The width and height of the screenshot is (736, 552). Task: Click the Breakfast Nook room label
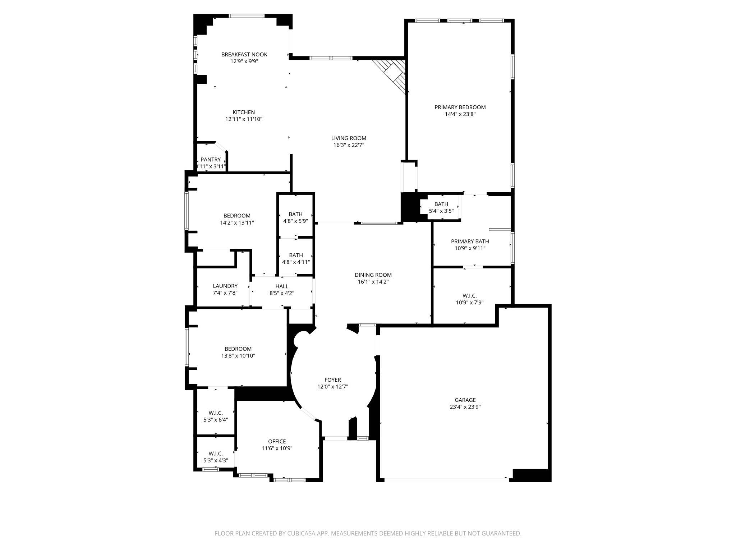tap(244, 55)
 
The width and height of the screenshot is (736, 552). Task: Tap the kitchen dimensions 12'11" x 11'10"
tap(244, 119)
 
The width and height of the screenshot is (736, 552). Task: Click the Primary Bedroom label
tap(460, 107)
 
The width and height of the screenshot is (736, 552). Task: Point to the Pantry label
tap(211, 160)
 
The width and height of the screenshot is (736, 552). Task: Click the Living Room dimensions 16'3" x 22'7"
tap(349, 145)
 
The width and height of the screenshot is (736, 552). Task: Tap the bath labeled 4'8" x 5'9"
tap(295, 217)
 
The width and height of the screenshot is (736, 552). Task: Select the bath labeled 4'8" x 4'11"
tap(296, 258)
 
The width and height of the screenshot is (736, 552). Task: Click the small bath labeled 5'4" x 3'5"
tap(441, 207)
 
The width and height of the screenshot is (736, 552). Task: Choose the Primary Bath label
tap(470, 241)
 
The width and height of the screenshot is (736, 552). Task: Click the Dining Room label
tap(373, 275)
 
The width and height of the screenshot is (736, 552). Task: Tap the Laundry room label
tap(225, 286)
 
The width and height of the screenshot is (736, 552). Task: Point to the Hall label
tap(282, 286)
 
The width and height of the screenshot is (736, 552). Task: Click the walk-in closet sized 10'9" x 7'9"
tap(469, 299)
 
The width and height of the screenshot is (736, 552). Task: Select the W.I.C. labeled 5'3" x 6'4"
tap(216, 416)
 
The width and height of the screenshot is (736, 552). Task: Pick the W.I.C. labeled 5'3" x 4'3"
tap(216, 457)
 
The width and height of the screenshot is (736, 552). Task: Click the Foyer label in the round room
tap(332, 380)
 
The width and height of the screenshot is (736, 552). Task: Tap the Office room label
tap(277, 442)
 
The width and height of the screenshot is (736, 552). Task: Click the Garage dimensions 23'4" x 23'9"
tap(465, 407)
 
